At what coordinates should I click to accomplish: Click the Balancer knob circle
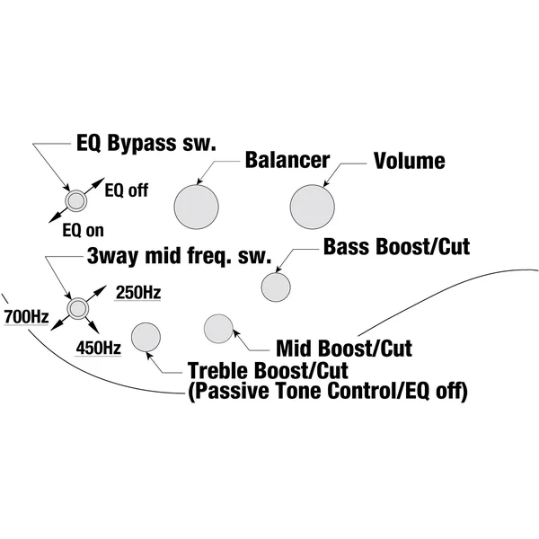(196, 207)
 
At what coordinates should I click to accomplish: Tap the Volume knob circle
(312, 207)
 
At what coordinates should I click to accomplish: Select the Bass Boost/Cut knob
(276, 287)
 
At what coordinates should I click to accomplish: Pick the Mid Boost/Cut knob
(218, 329)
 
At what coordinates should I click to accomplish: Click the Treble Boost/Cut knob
(146, 337)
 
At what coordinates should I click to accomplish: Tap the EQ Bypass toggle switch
(75, 200)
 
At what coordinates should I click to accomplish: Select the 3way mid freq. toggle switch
(78, 308)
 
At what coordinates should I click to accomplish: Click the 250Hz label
(138, 293)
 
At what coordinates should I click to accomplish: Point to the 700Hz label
(26, 316)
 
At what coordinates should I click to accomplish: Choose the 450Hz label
(98, 348)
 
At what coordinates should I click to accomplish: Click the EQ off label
(126, 190)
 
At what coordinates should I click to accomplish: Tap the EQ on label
(83, 230)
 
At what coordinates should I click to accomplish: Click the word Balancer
(287, 160)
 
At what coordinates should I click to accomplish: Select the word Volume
(409, 161)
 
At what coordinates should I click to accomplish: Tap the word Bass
(347, 246)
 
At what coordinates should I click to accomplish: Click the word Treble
(218, 370)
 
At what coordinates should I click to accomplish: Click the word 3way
(113, 256)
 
